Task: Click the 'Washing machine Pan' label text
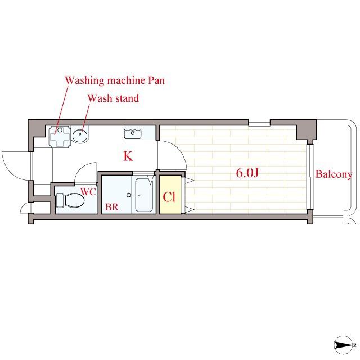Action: (115, 80)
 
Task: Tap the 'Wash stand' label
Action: (114, 98)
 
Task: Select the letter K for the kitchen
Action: (128, 156)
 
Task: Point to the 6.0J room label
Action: (247, 173)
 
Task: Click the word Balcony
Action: (334, 174)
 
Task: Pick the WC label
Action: (88, 192)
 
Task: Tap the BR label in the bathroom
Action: (112, 207)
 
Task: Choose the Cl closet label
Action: (169, 197)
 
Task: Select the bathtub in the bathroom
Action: (145, 195)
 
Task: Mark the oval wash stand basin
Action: (80, 135)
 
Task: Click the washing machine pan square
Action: (60, 137)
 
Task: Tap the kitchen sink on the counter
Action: (133, 134)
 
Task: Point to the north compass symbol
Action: (344, 345)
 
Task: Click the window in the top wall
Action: (259, 123)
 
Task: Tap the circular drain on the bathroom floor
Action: (129, 195)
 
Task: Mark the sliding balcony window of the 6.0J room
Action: (310, 177)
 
